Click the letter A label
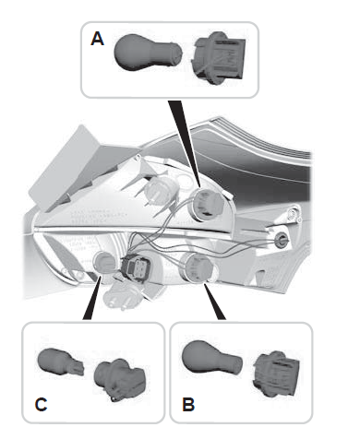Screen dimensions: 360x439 click(x=97, y=39)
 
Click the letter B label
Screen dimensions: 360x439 click(x=188, y=404)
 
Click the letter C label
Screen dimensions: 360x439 click(x=41, y=404)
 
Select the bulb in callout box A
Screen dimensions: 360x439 click(x=148, y=53)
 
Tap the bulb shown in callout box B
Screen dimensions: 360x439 click(x=211, y=358)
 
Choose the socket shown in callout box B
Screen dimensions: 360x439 click(x=276, y=374)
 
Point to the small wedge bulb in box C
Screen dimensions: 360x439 click(x=61, y=362)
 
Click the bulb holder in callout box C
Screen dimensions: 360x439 click(x=120, y=379)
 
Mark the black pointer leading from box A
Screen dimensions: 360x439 click(x=185, y=143)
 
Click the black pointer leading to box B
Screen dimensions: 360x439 click(x=214, y=302)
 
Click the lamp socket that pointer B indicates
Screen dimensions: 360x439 click(x=197, y=267)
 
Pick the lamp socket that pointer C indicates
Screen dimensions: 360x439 click(x=104, y=263)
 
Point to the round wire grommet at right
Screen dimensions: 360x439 click(x=282, y=239)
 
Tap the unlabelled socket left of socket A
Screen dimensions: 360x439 click(x=161, y=190)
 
